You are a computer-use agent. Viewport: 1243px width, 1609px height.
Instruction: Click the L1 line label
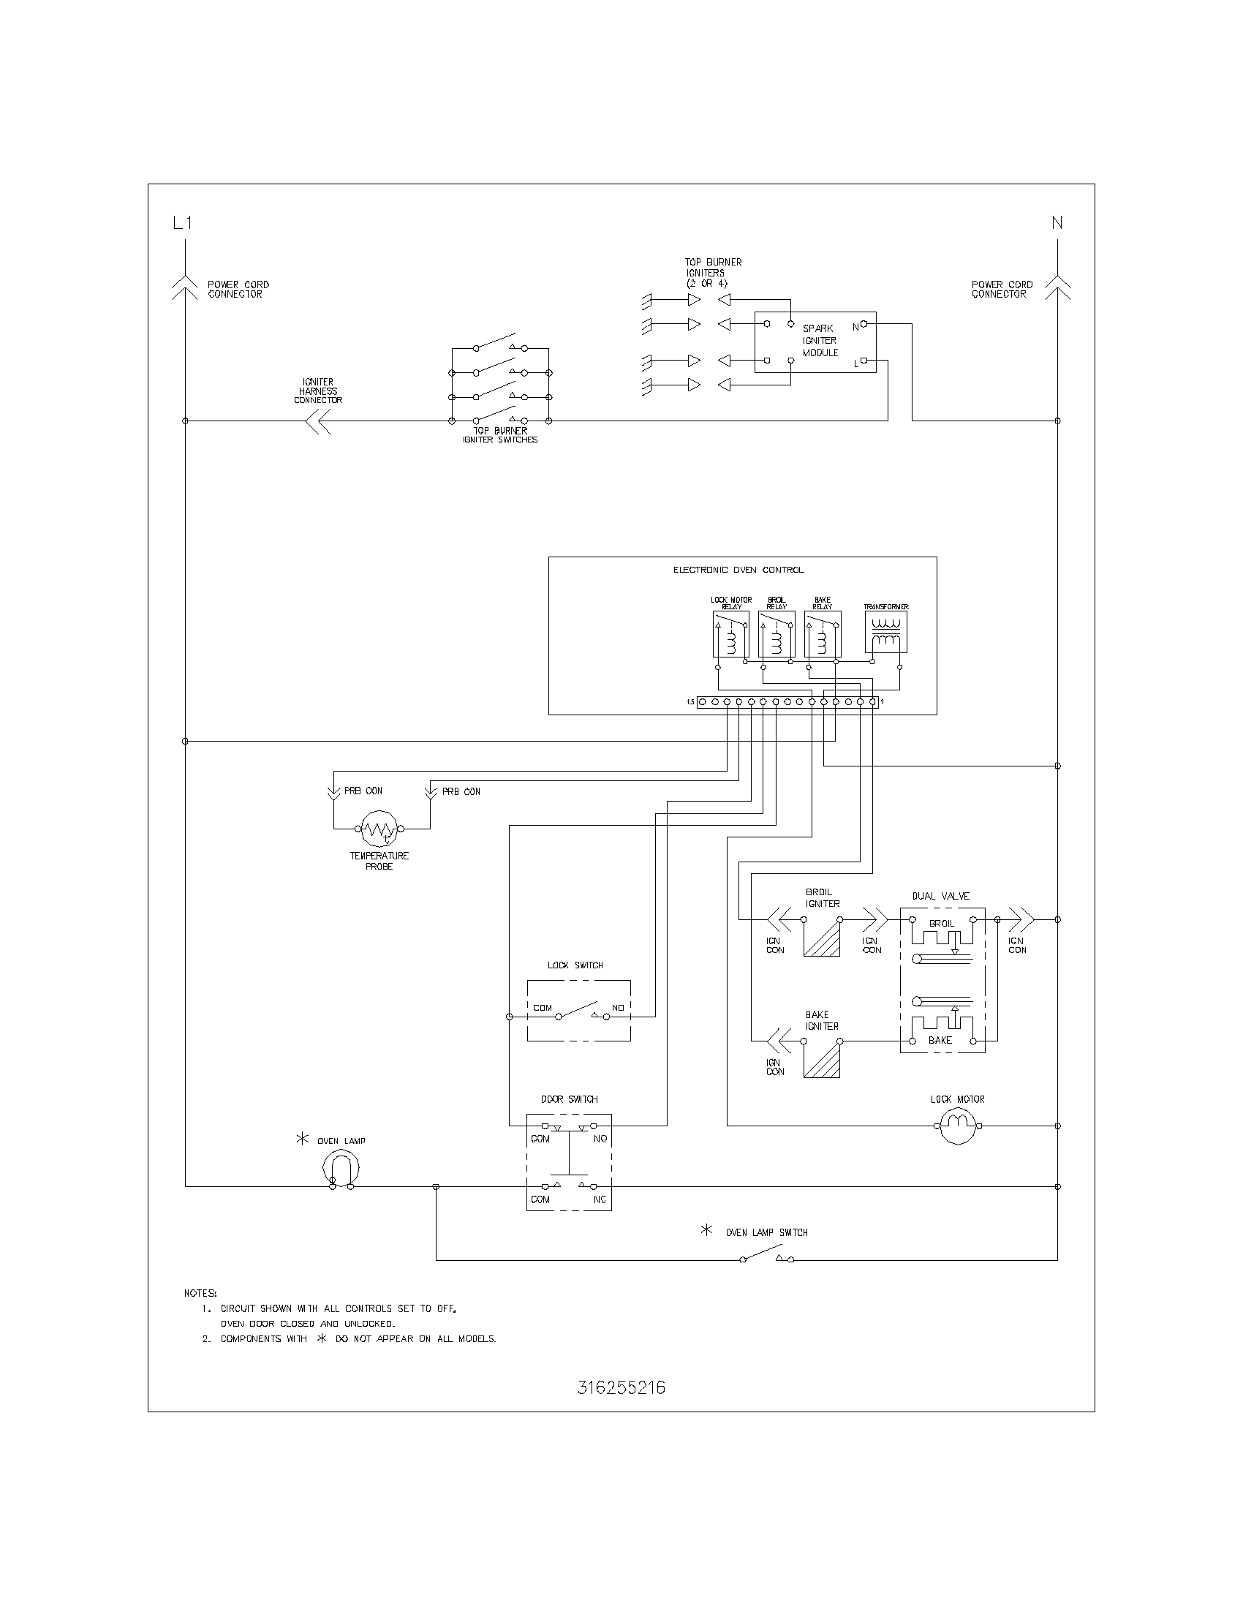click(182, 222)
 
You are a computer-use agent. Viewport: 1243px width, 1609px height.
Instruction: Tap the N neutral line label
click(1057, 222)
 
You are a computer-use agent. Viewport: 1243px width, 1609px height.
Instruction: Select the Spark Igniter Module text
click(820, 340)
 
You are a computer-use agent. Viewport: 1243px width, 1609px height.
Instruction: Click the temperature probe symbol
click(379, 829)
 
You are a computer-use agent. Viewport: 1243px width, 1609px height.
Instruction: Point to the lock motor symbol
click(956, 1126)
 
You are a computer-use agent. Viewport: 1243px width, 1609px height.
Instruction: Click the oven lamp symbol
click(341, 1169)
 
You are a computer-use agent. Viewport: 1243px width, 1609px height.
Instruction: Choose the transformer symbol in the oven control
click(886, 633)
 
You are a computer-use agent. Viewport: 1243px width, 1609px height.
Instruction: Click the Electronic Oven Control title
click(738, 570)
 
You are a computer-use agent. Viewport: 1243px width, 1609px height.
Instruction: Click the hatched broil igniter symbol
click(822, 938)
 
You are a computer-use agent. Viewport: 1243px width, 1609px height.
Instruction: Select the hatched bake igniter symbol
click(822, 1061)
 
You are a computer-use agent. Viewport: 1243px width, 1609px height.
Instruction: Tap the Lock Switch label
click(575, 965)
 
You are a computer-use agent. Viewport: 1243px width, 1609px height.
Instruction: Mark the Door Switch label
click(569, 1099)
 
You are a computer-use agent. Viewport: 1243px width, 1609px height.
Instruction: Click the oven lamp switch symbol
click(766, 1254)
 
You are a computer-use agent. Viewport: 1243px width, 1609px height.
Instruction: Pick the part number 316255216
click(621, 1388)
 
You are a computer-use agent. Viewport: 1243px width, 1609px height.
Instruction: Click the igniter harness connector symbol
click(318, 421)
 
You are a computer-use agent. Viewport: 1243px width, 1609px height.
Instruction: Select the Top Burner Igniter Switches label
click(500, 435)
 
